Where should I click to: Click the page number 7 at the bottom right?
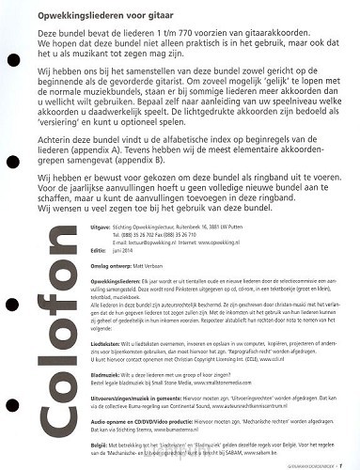[x=352, y=462]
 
